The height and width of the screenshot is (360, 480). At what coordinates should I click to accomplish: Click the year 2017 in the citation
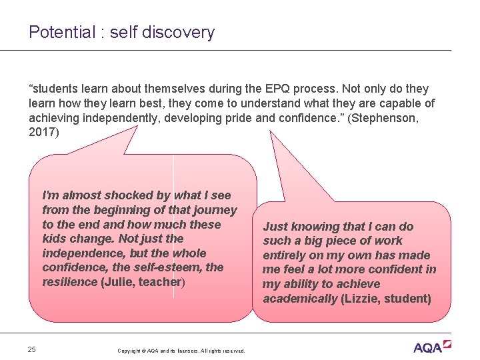42,132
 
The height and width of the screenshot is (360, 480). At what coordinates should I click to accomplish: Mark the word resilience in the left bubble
69,282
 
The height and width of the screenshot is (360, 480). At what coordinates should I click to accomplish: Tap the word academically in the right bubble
300,299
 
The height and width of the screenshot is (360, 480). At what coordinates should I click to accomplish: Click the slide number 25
32,349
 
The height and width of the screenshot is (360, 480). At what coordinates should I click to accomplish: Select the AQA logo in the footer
431,347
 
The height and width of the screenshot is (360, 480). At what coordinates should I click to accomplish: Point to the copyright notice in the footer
181,351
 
